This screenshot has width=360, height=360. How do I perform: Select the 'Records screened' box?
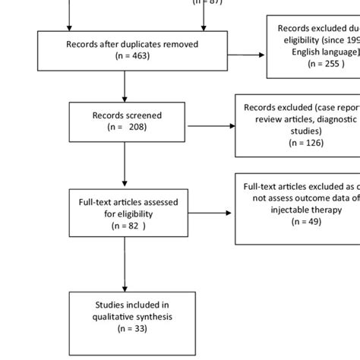coord(128,122)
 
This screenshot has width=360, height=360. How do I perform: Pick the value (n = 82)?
coord(127,226)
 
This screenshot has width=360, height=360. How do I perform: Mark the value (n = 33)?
coord(127,329)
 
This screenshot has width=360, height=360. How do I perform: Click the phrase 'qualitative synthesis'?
coord(127,317)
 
